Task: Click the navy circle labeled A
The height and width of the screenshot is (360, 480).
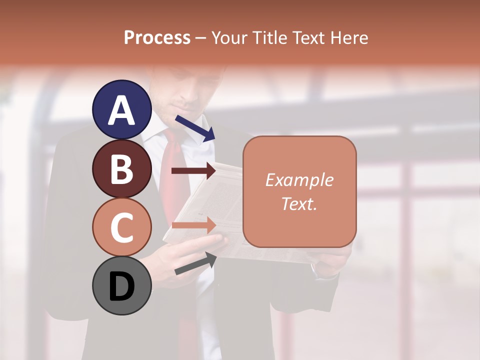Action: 122,110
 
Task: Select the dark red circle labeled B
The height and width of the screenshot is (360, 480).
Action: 122,169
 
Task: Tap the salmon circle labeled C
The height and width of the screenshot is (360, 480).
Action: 122,227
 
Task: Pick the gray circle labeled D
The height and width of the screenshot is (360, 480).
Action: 122,286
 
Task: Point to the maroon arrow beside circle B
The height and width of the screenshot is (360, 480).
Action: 193,171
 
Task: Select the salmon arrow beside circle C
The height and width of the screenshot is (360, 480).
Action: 193,225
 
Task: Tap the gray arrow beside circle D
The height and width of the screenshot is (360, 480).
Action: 195,263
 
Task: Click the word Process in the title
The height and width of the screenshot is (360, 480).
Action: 157,38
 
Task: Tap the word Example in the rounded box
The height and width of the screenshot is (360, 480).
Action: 299,180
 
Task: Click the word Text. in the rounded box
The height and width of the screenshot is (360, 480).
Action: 299,203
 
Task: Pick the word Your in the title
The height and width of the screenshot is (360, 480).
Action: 229,38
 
